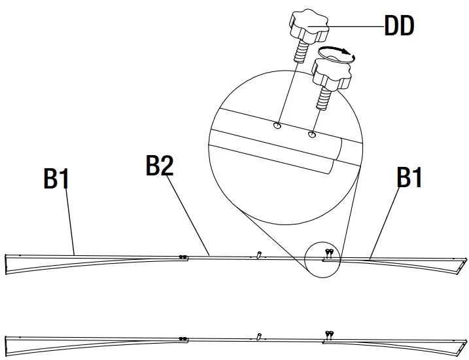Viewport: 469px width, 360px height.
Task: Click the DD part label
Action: coord(398,27)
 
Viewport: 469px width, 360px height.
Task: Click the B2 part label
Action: coord(160,166)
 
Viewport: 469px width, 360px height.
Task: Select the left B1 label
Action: coord(56,178)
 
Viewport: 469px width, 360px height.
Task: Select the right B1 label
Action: coord(409,177)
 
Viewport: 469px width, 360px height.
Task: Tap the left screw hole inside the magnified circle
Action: coord(278,126)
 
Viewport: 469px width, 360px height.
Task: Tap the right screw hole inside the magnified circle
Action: coord(312,135)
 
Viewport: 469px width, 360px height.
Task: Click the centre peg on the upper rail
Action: coord(260,255)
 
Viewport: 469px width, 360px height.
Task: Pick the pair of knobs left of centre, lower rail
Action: coord(183,338)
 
